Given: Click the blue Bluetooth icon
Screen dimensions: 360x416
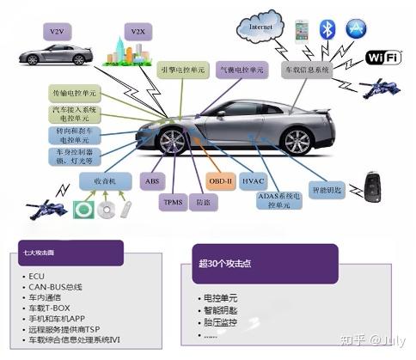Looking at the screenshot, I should coord(327,29).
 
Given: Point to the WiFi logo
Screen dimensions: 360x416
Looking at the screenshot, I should coord(384,57).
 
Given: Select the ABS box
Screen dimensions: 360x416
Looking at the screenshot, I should coord(153,180).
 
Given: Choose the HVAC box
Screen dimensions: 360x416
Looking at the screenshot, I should coord(254,181).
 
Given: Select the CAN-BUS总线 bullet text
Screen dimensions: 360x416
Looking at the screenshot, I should coord(53,286).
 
